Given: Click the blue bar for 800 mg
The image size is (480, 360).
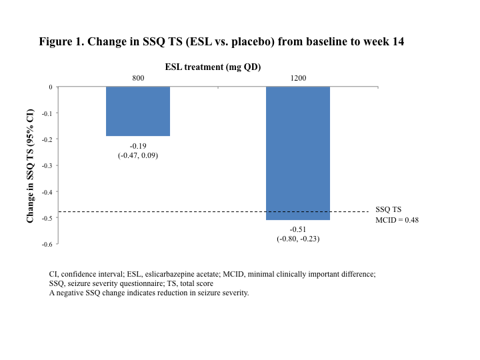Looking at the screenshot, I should [138, 111].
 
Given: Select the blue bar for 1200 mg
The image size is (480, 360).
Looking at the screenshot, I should [298, 153].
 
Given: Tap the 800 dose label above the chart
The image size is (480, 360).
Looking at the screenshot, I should [138, 78].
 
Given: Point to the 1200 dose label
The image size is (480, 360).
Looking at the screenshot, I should [298, 78].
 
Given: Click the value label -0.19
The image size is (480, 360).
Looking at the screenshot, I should [138, 145].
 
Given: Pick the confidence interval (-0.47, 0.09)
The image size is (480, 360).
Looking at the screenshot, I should [138, 155].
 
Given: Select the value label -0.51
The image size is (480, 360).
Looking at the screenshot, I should [298, 229].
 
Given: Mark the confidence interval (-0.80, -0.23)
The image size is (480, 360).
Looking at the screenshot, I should [298, 239].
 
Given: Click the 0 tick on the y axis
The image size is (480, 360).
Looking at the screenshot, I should [49, 87].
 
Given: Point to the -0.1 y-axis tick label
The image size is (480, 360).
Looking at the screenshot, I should [46, 113].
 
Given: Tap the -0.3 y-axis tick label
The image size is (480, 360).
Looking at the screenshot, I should [46, 165].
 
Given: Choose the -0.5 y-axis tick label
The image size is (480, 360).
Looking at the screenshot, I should [46, 218].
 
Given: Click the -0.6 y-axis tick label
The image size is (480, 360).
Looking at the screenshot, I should [46, 244].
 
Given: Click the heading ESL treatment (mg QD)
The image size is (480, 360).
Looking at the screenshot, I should [213, 67].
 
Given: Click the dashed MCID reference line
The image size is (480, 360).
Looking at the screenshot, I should [200, 212].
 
